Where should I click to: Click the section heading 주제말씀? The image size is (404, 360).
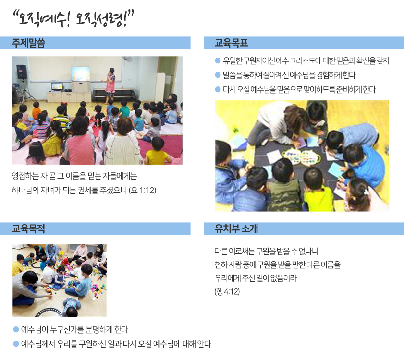point(28,43)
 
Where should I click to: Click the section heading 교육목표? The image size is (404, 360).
point(231,43)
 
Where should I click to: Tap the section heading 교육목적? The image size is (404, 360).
point(28,228)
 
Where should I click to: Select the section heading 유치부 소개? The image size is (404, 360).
point(236,228)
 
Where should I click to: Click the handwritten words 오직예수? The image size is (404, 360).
point(42,19)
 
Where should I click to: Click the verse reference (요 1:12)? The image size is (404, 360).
point(143,190)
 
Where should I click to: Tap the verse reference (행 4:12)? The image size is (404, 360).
point(227,291)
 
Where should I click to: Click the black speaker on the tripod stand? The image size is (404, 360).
point(22,72)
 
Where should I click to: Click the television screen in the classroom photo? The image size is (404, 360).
point(80,74)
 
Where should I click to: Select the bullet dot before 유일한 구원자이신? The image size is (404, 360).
point(218,61)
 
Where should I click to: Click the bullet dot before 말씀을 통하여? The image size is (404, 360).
point(218,75)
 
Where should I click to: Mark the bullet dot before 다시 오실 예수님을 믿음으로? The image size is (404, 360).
point(218,89)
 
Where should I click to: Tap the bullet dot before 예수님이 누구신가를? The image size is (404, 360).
point(16,329)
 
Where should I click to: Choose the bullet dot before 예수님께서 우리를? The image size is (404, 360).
point(16,344)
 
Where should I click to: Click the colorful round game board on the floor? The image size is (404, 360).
point(301,156)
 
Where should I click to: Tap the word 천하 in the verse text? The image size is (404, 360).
point(221,265)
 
